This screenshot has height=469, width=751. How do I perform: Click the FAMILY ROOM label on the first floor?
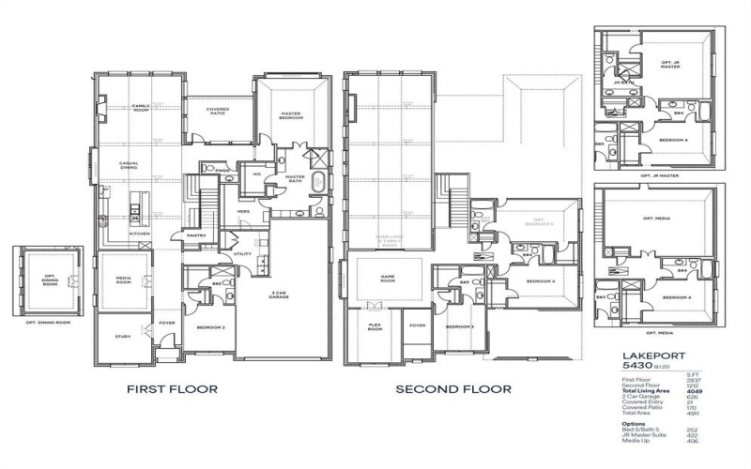(141, 107)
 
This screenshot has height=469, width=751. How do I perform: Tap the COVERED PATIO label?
(218, 111)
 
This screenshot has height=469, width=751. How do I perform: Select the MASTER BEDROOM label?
(291, 116)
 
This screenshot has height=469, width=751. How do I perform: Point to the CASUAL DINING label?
(130, 166)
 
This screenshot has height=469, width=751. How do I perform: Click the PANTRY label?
(196, 235)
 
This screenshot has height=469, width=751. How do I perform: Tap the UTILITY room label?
(242, 253)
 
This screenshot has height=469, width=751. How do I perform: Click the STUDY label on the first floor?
(123, 337)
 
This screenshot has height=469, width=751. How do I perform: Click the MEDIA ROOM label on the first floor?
(123, 280)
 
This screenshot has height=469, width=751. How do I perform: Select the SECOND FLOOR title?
(452, 388)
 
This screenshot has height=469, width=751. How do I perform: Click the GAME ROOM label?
(388, 279)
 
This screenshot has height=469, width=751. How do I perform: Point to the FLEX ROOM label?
(375, 327)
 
